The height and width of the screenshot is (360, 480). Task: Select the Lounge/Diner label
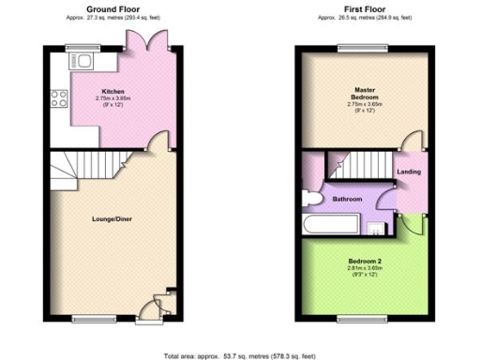coord(111,218)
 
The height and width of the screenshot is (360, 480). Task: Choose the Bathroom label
coord(346,199)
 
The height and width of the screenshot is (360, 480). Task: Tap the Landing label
coord(409,172)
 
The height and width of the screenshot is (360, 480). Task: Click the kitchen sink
coord(82,63)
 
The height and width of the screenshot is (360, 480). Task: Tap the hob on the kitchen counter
coord(59,97)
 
